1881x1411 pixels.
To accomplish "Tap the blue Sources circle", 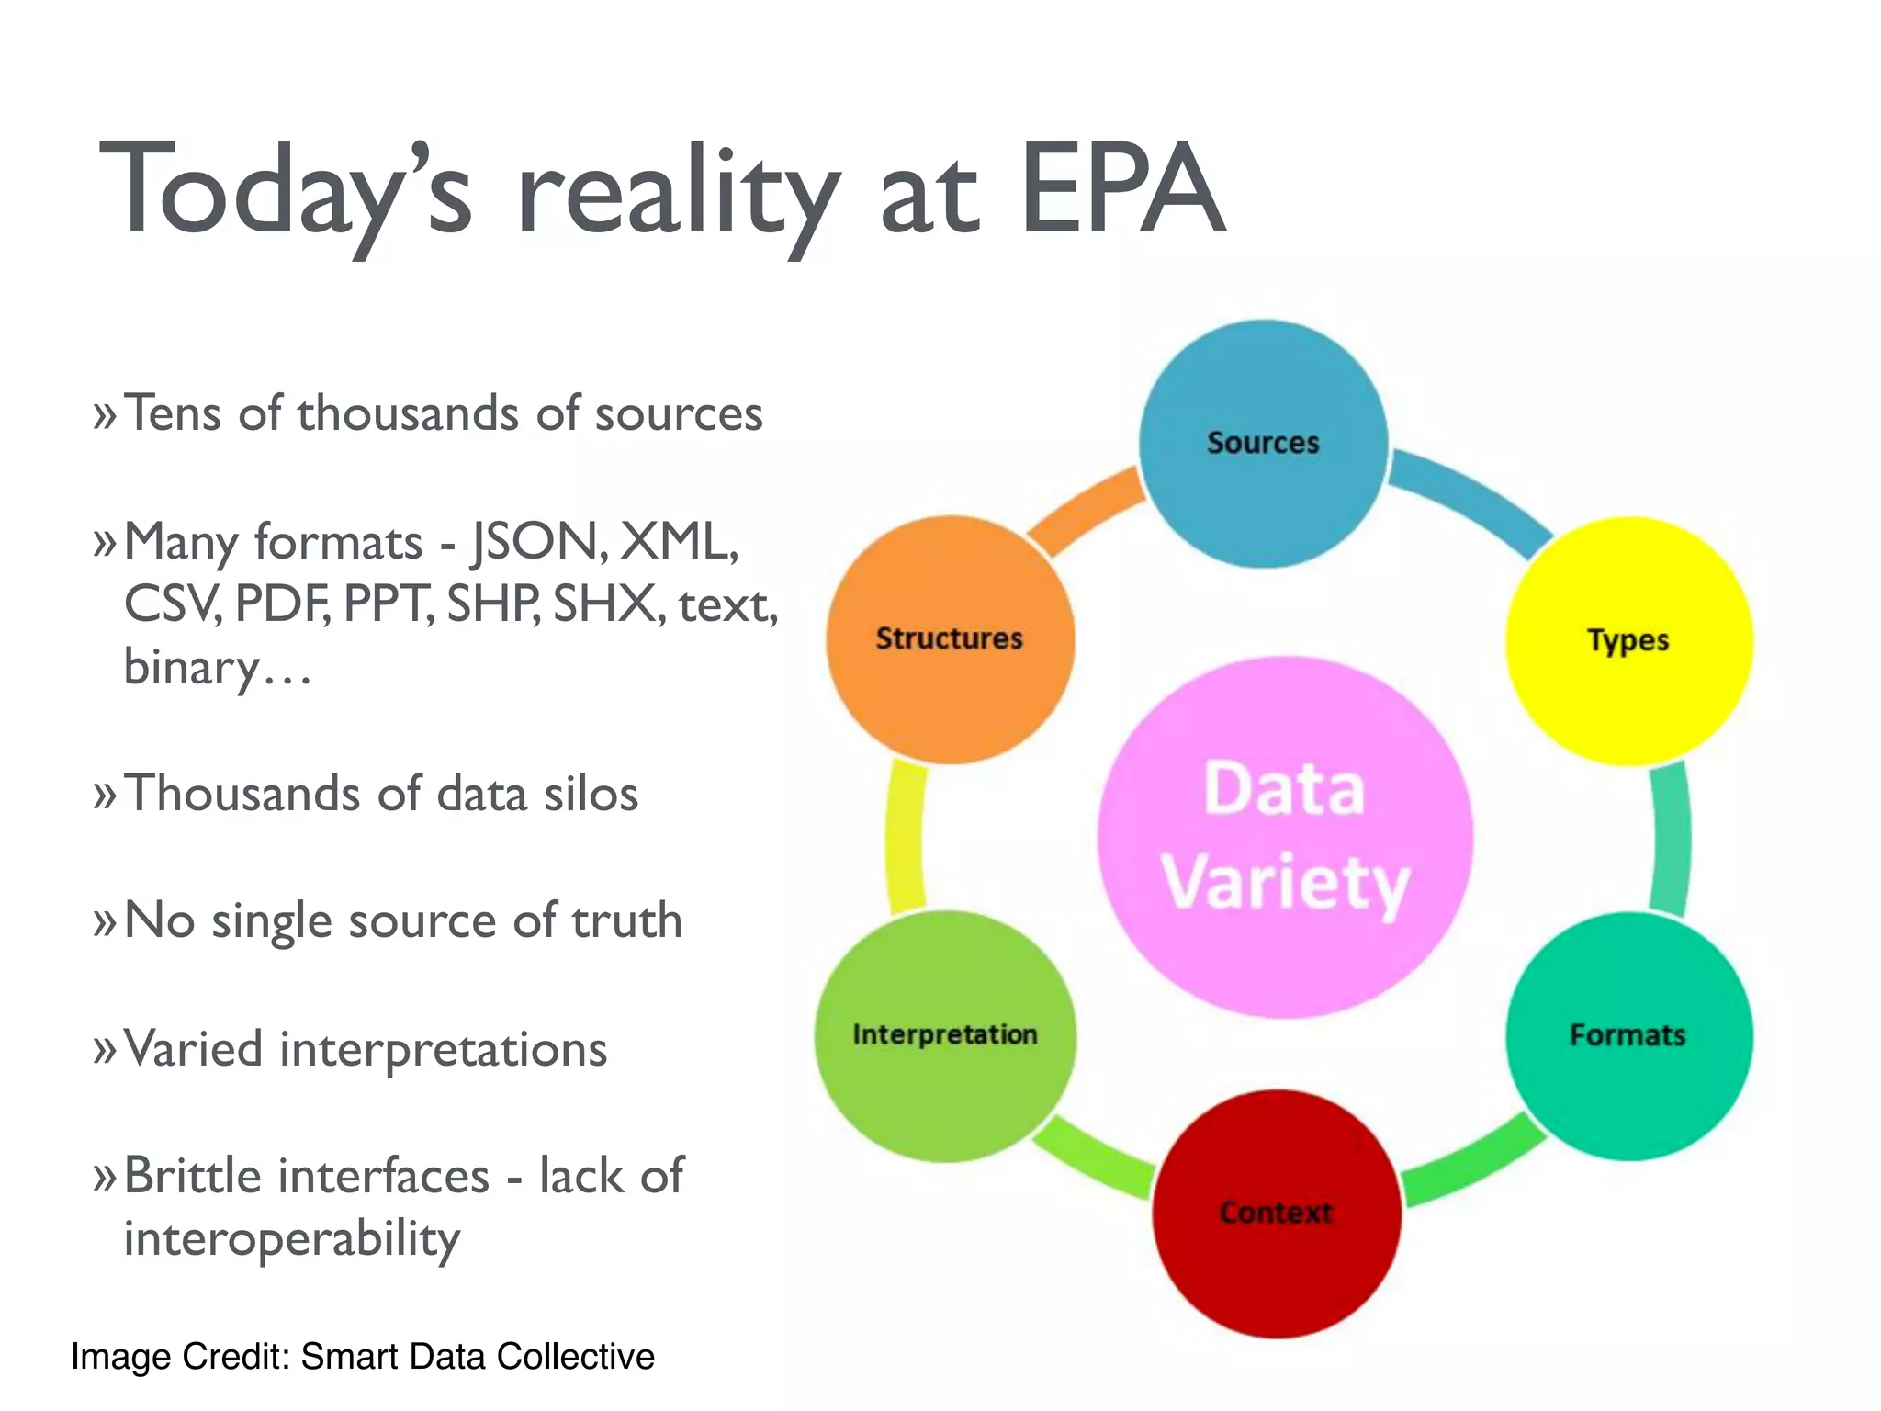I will [x=1263, y=444].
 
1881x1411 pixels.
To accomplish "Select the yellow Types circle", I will [x=1628, y=640].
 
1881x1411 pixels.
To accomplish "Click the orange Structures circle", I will [x=950, y=638].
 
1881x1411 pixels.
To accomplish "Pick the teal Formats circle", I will [x=1628, y=1035].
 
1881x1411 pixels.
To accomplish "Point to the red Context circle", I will [x=1276, y=1213].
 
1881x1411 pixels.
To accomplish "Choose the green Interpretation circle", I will [x=944, y=1035].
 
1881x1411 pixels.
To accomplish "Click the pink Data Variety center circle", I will [x=1285, y=836].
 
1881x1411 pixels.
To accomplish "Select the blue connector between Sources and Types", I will [x=1470, y=496].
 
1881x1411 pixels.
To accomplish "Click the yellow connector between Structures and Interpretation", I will [x=906, y=838].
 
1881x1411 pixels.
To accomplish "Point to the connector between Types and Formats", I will [x=1670, y=838].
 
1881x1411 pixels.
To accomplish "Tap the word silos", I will [x=591, y=794].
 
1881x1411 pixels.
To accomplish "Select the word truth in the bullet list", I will [x=626, y=920].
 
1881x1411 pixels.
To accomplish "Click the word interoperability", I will [x=292, y=1238].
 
